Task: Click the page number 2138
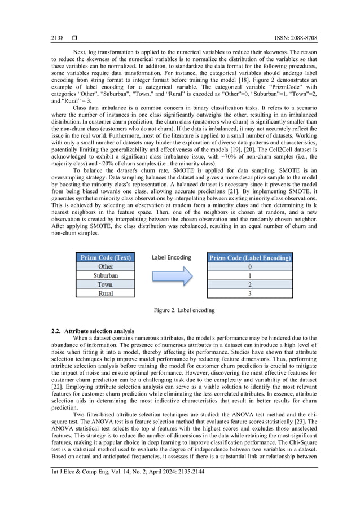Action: click(x=57, y=38)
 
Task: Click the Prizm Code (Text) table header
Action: click(x=106, y=257)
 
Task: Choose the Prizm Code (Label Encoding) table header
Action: click(x=250, y=257)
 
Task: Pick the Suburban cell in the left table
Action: click(x=106, y=275)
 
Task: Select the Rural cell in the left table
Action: click(x=106, y=293)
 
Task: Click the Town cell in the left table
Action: click(x=106, y=284)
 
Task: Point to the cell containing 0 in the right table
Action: click(x=250, y=266)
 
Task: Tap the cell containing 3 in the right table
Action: click(x=250, y=293)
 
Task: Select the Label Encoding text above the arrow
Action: click(x=170, y=257)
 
